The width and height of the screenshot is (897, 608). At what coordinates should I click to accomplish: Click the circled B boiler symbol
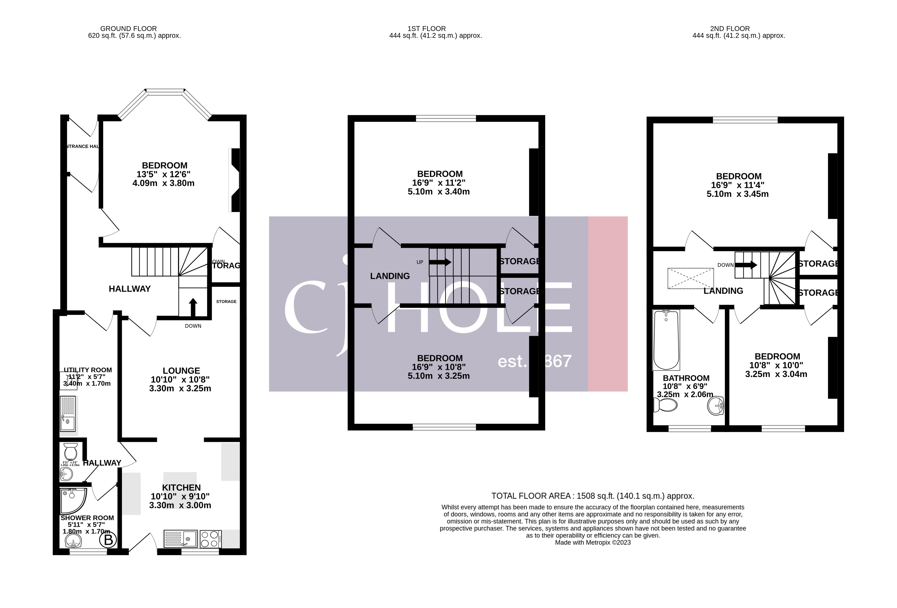pos(108,540)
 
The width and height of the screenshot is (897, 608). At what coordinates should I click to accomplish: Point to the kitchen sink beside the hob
pos(181,539)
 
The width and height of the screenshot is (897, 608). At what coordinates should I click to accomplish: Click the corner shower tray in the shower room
pos(72,501)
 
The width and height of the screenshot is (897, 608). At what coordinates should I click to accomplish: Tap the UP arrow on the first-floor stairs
pos(440,262)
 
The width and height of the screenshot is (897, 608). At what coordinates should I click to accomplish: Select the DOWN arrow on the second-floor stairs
pos(746,265)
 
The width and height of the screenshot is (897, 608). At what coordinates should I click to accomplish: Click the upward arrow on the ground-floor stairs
pos(193,307)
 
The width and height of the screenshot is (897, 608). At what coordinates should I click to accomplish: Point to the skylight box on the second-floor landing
pos(691,278)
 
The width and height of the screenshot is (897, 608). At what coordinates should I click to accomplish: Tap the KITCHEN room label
pos(181,488)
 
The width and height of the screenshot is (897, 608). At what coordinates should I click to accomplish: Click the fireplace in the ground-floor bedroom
pos(234,180)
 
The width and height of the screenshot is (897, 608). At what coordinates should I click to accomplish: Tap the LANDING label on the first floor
pos(390,276)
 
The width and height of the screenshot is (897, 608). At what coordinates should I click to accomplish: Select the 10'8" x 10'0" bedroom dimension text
pos(776,365)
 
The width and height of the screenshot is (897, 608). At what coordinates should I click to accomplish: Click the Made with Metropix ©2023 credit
pos(593,542)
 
